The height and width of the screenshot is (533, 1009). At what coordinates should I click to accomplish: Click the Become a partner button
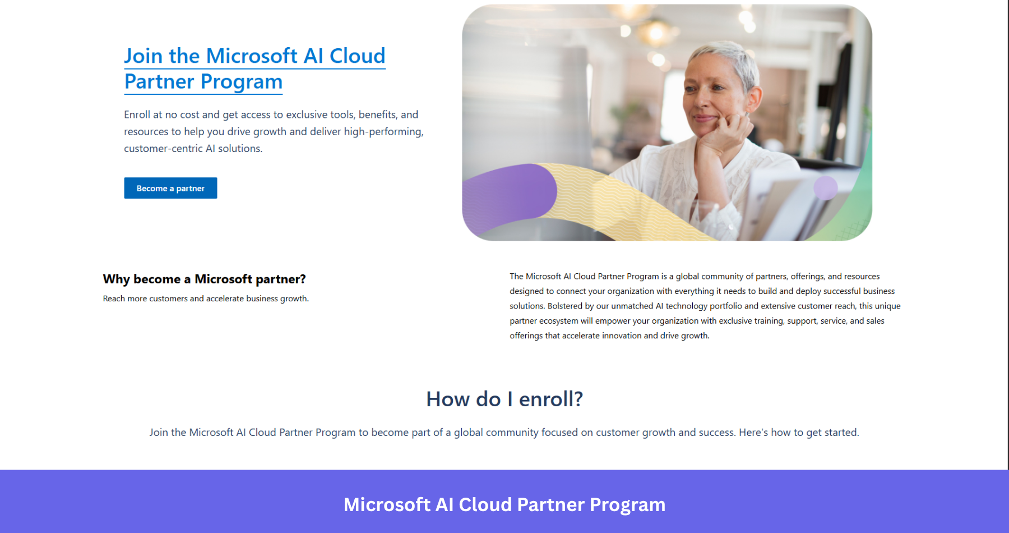point(170,189)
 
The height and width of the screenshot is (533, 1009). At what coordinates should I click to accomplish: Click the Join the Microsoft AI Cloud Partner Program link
point(254,68)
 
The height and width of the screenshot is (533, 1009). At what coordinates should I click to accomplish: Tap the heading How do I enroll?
point(504,399)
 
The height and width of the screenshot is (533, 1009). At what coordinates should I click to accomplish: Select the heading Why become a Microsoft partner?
point(204,279)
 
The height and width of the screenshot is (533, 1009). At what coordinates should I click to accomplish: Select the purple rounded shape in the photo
point(513,194)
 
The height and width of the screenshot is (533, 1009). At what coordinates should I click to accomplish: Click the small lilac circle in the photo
point(825,188)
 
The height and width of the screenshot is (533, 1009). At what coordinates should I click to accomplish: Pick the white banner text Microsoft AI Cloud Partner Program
point(504,504)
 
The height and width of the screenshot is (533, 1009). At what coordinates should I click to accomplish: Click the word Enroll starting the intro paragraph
point(137,114)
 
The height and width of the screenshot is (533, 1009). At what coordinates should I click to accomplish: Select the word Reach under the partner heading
point(114,298)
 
